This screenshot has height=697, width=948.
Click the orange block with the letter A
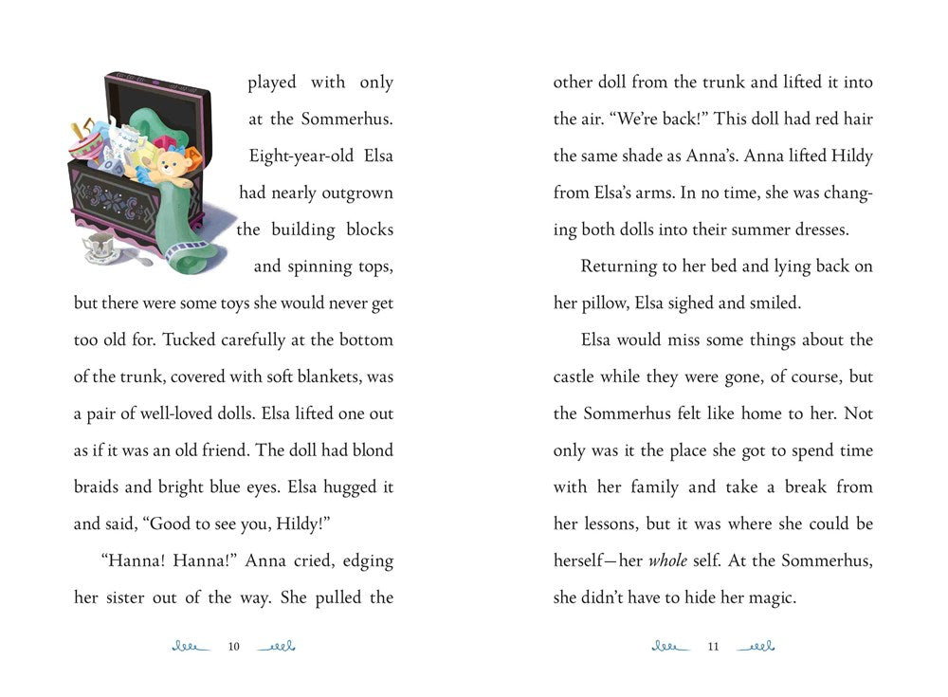193,154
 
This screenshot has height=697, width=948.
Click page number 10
234,647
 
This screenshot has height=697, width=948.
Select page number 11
714,647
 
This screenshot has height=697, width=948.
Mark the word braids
99,487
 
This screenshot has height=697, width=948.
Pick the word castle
580,376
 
